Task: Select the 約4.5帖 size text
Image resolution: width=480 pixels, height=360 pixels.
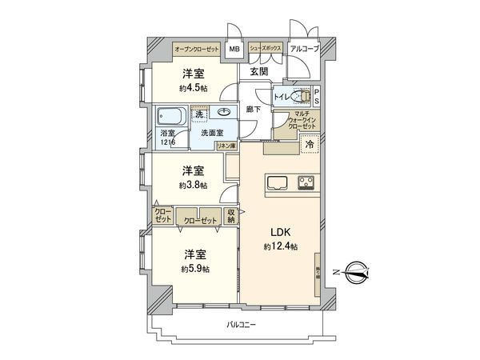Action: (x=193, y=89)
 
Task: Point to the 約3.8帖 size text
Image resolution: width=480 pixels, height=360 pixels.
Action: (x=193, y=185)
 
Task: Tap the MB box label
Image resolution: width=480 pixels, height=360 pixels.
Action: (x=234, y=50)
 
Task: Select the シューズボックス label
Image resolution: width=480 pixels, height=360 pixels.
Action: (x=265, y=50)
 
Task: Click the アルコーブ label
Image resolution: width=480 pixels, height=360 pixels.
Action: (x=304, y=50)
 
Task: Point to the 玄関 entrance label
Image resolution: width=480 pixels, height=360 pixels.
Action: (x=258, y=71)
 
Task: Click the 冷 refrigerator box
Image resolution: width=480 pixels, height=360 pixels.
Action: (x=308, y=145)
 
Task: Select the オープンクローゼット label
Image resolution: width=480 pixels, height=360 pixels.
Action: (x=197, y=50)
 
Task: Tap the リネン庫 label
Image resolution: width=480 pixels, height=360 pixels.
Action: (x=226, y=146)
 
